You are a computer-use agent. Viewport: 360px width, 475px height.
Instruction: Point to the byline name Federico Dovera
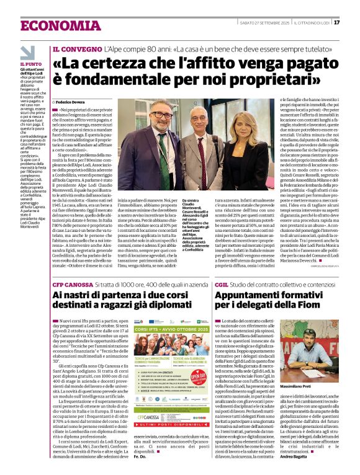click(x=76, y=101)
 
